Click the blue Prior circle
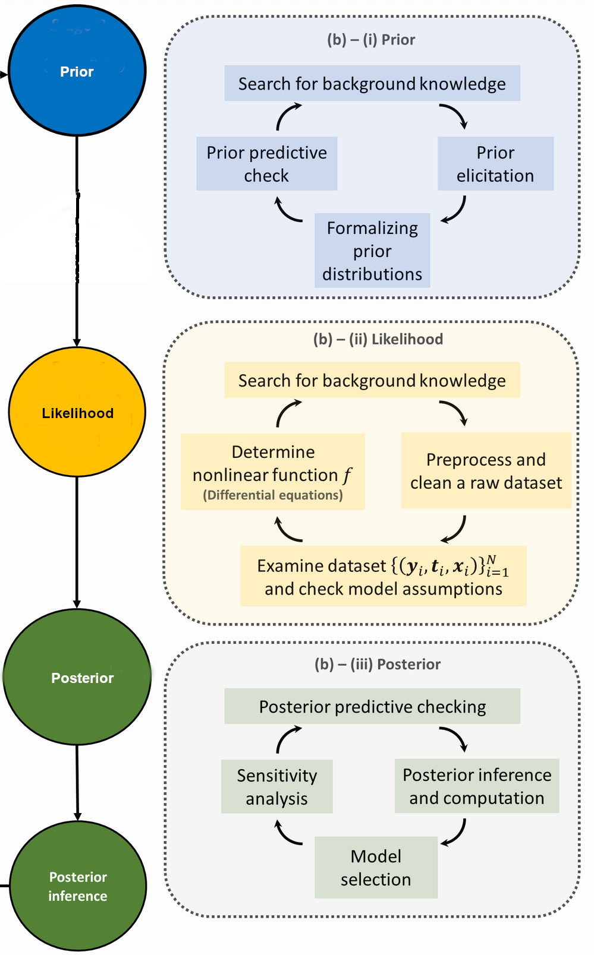[77, 71]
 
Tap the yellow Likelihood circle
[77, 412]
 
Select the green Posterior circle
[77, 678]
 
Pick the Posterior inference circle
[78, 886]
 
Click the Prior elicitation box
[495, 164]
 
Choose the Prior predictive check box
[266, 164]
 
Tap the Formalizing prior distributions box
[372, 251]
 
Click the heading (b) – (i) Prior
[371, 40]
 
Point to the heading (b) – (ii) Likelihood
[378, 339]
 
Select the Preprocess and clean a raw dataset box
[486, 471]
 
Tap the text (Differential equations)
[273, 495]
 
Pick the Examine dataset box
[383, 576]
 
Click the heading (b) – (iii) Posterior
[378, 664]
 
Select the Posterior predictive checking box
[372, 706]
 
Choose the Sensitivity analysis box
[276, 786]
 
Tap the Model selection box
[376, 867]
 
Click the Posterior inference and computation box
[477, 786]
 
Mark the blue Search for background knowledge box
[372, 83]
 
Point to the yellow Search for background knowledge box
[372, 380]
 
